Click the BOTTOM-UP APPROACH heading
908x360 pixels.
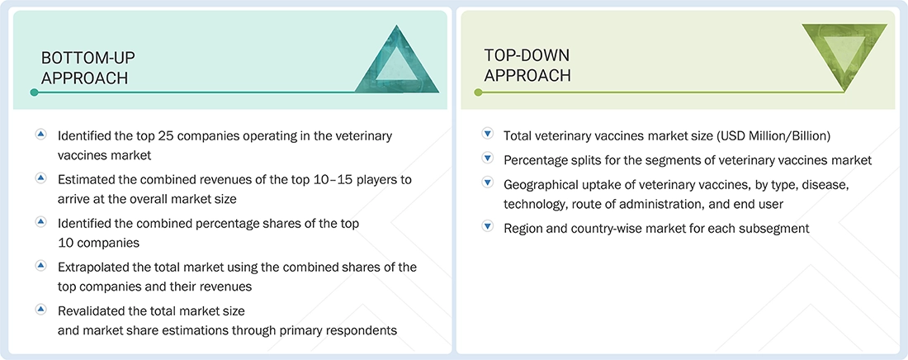[x=87, y=68]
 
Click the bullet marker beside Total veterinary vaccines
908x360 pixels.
[x=487, y=135]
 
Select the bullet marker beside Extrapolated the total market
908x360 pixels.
[x=41, y=267]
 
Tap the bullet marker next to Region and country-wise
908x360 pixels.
[x=487, y=228]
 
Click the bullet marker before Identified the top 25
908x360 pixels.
[x=41, y=135]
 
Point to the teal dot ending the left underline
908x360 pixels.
[x=34, y=92]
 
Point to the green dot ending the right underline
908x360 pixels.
[x=477, y=92]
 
